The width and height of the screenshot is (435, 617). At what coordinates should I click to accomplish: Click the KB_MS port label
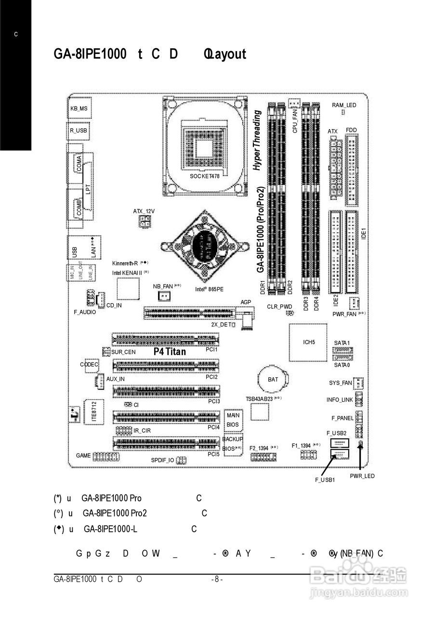[79, 109]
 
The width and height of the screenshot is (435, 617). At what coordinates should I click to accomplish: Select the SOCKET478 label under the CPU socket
[205, 176]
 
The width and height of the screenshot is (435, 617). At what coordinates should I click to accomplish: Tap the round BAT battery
[273, 379]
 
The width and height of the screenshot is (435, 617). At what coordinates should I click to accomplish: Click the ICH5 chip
[309, 342]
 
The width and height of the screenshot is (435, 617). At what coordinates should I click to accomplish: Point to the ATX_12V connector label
[144, 211]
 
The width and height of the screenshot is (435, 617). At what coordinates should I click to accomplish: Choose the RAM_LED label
[344, 105]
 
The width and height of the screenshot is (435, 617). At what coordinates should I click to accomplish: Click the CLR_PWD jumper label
[279, 307]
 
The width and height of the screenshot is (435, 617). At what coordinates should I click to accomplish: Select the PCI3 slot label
[214, 401]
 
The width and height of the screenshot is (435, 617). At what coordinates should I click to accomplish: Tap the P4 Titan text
[170, 352]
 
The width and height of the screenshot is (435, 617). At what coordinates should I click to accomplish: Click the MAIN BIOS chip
[233, 420]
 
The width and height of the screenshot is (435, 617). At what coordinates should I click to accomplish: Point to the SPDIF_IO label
[162, 460]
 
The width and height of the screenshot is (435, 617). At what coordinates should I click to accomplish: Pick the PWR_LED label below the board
[362, 476]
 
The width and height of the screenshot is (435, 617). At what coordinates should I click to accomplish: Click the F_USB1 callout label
[325, 480]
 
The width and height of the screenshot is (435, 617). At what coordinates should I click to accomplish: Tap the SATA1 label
[342, 343]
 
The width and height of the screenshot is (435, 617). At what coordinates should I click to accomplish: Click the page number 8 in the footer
[217, 579]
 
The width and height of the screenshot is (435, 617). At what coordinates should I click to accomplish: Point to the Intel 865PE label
[209, 289]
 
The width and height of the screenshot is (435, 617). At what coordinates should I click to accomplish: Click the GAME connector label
[83, 456]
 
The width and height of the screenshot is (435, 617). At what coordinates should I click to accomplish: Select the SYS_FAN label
[341, 383]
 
